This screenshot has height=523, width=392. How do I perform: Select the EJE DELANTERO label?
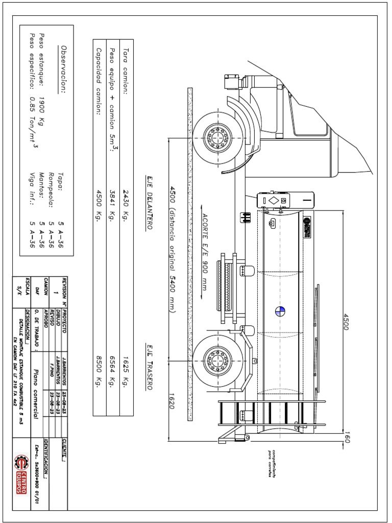click(x=149, y=202)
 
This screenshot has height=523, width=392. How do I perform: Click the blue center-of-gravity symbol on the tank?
click(x=280, y=311)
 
